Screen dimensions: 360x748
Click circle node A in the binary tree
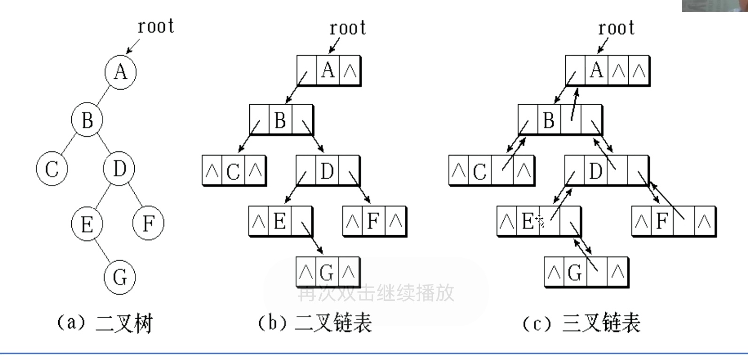pyautogui.click(x=120, y=72)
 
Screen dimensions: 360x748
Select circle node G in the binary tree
pyautogui.click(x=120, y=276)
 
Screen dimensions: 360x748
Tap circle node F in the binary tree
pyautogui.click(x=148, y=223)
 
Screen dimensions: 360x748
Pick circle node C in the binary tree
pyautogui.click(x=52, y=169)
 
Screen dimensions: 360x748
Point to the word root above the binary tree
pyautogui.click(x=155, y=26)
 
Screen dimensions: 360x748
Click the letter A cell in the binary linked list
pyautogui.click(x=328, y=70)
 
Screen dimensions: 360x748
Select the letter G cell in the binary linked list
pyautogui.click(x=326, y=272)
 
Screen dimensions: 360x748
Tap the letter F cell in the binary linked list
pyautogui.click(x=373, y=221)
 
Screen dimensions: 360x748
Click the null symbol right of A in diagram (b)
pyautogui.click(x=350, y=71)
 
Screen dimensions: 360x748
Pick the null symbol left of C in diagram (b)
pyautogui.click(x=212, y=170)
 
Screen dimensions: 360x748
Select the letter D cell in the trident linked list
pyautogui.click(x=595, y=171)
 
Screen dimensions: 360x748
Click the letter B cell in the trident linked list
pyautogui.click(x=548, y=120)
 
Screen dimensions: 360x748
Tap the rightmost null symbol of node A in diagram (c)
pyautogui.click(x=639, y=71)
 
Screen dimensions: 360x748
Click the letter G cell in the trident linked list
pyautogui.click(x=574, y=272)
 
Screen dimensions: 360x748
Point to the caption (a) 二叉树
pyautogui.click(x=105, y=323)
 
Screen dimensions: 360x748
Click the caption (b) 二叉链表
pyautogui.click(x=315, y=323)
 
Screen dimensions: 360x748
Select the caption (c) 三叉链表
pyautogui.click(x=581, y=323)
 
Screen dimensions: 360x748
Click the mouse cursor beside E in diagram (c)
pyautogui.click(x=540, y=221)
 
